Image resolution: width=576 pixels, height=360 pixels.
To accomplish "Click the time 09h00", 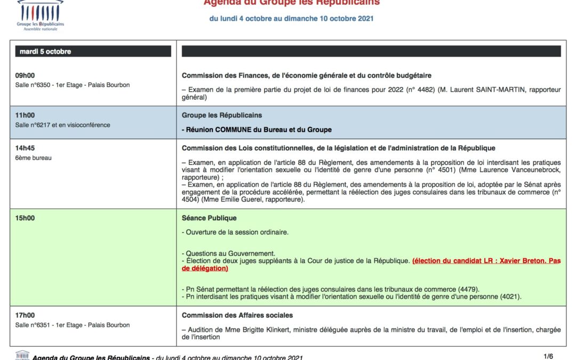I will pos(25,76).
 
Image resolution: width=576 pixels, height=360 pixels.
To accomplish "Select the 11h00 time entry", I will pos(25,115).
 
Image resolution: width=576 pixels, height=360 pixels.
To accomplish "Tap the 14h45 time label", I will pos(25,148).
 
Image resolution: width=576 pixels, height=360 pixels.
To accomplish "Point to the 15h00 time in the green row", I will pos(25,218).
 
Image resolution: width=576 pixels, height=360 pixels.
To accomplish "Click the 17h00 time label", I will pos(25,315).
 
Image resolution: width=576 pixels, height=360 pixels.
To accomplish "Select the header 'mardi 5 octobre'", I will pos(45,52).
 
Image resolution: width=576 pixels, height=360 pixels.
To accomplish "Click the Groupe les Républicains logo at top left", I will pos(40,15).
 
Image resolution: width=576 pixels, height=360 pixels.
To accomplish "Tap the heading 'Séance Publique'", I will pos(209,218).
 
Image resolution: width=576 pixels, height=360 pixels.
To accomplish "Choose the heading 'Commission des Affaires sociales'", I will pos(237,315).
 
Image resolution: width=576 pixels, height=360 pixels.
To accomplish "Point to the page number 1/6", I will pos(548,356).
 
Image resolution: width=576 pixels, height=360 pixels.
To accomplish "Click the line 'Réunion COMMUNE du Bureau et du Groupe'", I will pos(257,130).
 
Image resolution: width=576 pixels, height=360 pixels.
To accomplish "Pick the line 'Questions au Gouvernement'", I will pos(228,253).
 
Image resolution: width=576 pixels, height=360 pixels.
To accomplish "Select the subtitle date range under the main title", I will pos(291,19).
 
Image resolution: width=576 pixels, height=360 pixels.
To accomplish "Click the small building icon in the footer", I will pos(22,355).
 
